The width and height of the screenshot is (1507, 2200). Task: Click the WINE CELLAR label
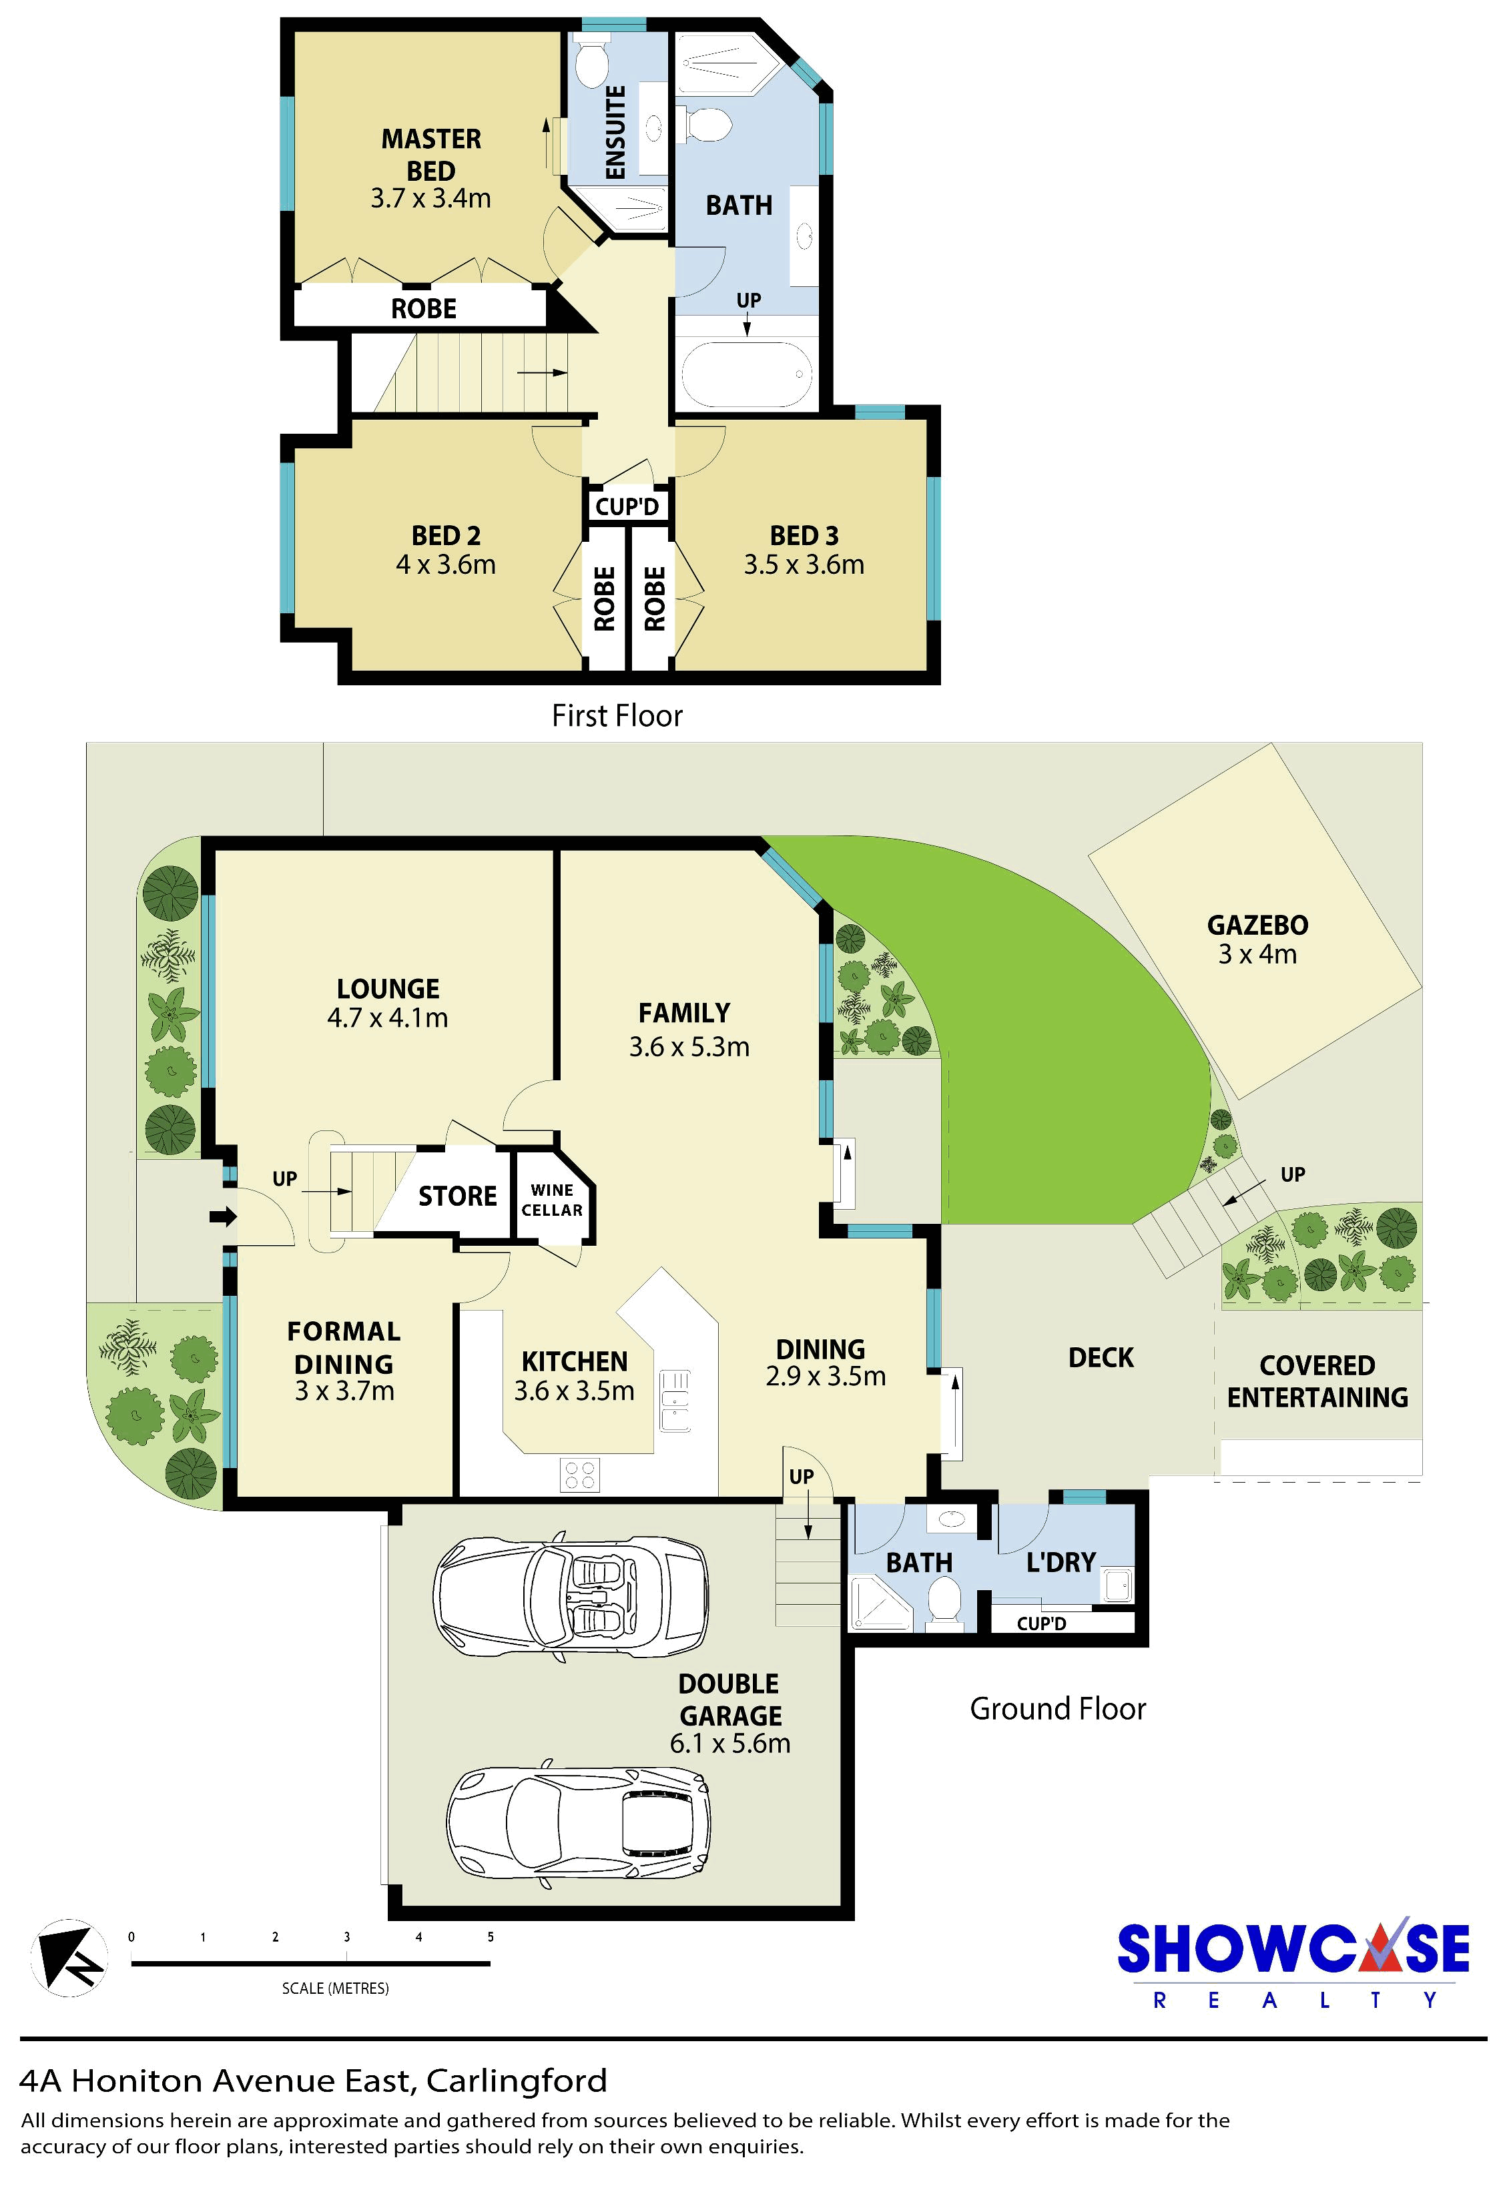point(552,1200)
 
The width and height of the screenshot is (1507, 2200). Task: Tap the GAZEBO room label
point(1257,925)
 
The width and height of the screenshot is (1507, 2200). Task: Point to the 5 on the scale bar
point(491,1937)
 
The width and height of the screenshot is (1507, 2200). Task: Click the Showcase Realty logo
point(1293,1965)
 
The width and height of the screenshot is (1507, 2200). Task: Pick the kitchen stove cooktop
point(579,1474)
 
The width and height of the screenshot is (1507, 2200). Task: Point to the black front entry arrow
point(224,1216)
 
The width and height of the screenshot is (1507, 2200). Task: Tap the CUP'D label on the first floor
point(627,506)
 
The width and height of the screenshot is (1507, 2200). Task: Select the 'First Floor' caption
point(617,716)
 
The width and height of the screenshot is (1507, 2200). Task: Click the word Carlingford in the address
point(517,2081)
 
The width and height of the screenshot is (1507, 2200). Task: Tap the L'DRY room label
point(1061,1562)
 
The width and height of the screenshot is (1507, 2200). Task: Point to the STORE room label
point(457,1196)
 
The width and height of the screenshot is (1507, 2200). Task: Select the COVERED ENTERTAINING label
point(1317,1381)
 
